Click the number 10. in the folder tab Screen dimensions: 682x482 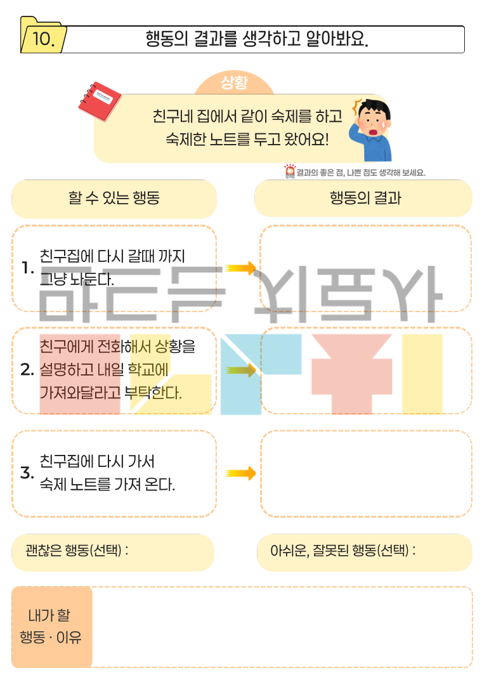pos(42,40)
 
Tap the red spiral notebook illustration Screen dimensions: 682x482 pos(100,102)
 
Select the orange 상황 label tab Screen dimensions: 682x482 pos(234,82)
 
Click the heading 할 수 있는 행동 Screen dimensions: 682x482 pos(114,198)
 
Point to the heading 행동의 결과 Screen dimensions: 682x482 pos(365,198)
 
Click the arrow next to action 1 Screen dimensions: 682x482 pos(240,268)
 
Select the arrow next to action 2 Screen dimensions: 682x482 pos(240,371)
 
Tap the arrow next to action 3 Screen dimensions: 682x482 pos(240,473)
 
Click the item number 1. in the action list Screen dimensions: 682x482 pos(27,268)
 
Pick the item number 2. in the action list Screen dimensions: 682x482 pos(27,371)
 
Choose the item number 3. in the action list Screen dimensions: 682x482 pos(27,473)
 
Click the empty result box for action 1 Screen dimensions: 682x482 pos(366,268)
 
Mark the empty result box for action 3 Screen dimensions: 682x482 pos(366,473)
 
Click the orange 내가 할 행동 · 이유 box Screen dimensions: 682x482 pos(51,627)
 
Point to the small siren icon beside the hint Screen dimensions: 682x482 pos(290,171)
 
